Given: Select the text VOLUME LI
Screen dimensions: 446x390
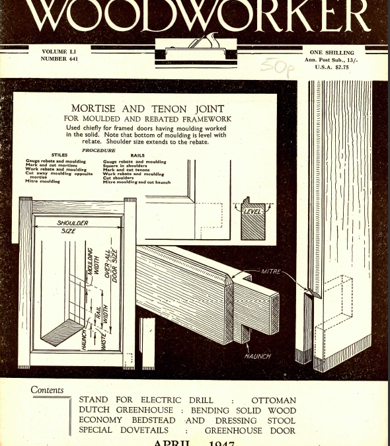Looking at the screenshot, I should [59, 51].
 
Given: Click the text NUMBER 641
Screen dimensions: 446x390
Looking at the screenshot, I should [59, 58].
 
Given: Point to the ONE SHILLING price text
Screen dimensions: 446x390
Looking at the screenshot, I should [331, 52].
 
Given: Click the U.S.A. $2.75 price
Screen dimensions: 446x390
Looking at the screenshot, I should [331, 67].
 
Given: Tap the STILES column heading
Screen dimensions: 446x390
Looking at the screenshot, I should [59, 156].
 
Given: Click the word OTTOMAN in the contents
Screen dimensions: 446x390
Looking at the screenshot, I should [274, 400].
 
